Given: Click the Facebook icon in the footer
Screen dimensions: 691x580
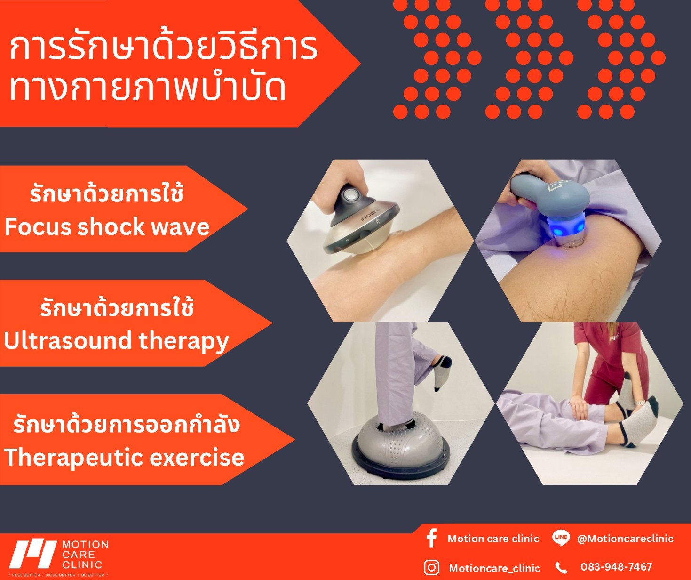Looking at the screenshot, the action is click(x=431, y=538).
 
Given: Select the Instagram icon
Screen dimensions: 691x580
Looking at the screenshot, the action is click(x=431, y=568).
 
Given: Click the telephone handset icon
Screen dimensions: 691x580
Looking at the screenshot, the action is click(x=561, y=568).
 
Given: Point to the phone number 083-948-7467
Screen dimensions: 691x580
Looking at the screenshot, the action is click(x=616, y=567).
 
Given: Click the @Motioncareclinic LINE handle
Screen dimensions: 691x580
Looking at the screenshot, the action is click(x=625, y=539).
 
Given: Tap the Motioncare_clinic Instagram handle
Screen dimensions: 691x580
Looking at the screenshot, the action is click(x=494, y=568).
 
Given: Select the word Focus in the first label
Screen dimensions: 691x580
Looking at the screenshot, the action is click(x=38, y=227).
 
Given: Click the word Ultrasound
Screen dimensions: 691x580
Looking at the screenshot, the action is click(x=68, y=341).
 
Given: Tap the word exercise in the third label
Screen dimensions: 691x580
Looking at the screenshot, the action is click(x=197, y=458).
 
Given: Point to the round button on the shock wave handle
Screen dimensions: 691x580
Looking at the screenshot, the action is click(x=349, y=195).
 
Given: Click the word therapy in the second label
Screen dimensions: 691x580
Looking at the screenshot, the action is click(x=183, y=342).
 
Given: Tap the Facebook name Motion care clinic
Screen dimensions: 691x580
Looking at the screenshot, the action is click(x=493, y=539).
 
